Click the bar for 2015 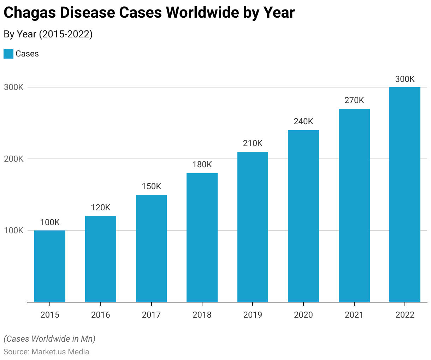point(50,266)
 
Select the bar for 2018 point(202,238)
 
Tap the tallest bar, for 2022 point(405,194)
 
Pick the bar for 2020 point(303,216)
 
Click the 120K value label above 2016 point(101,208)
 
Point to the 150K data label point(151,186)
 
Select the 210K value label point(253,143)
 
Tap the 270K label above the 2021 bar point(354,100)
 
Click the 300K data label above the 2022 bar point(405,79)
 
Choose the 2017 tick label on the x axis point(151,314)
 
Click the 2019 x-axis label point(253,314)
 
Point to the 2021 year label point(354,314)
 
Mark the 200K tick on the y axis point(14,159)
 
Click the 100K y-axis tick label point(14,230)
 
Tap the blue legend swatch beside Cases point(8,54)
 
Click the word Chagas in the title point(29,13)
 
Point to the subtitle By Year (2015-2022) point(48,34)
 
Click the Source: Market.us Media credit point(46,352)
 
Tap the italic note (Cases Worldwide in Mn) point(49,339)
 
